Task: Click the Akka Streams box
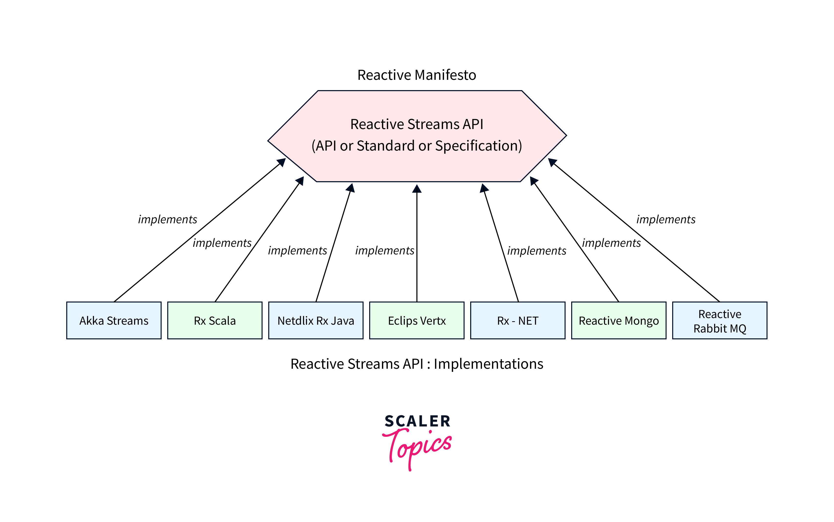click(x=114, y=320)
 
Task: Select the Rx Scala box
click(x=215, y=320)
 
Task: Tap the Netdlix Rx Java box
click(x=316, y=320)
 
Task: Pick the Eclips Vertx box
click(x=417, y=320)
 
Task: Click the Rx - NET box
click(x=518, y=320)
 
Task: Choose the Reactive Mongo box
click(x=619, y=320)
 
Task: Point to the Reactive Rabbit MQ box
click(x=720, y=320)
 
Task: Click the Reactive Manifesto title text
click(x=417, y=75)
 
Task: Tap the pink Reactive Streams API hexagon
click(x=417, y=162)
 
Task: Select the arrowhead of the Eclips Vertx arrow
click(x=417, y=189)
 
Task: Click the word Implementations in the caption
click(x=488, y=364)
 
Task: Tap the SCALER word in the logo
click(x=417, y=421)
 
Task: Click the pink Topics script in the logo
click(x=417, y=447)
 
